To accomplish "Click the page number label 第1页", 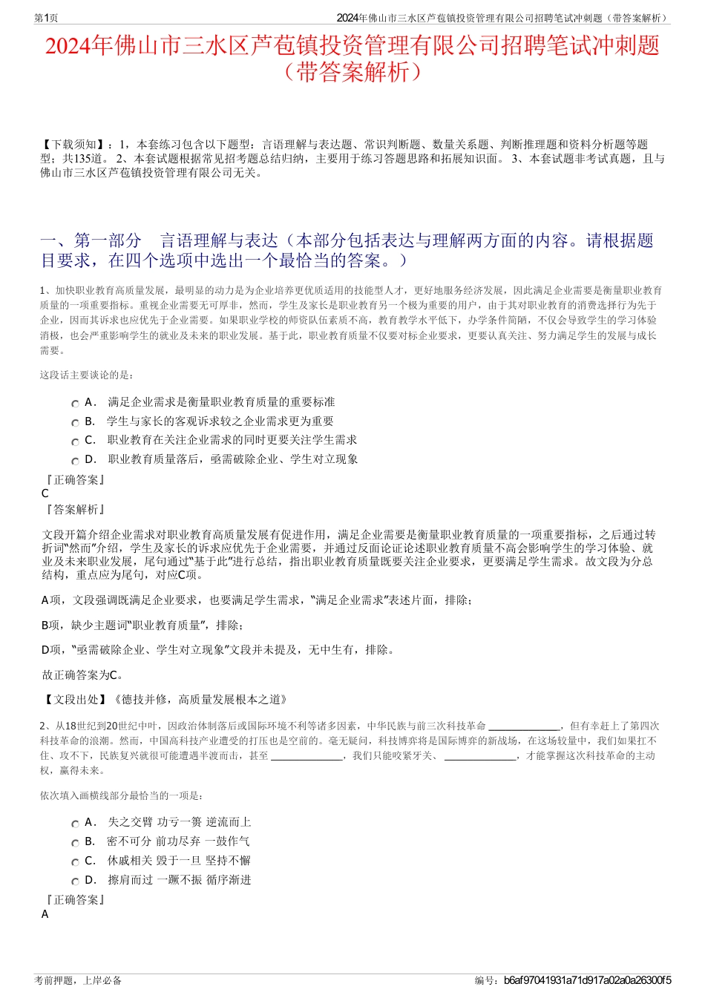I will tap(47, 18).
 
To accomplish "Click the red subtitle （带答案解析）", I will tap(352, 72).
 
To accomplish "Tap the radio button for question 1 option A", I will tap(75, 404).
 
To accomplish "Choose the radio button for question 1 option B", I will tap(75, 423).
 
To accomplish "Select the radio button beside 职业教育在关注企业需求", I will tap(75, 441).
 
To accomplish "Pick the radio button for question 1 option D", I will tap(75, 461).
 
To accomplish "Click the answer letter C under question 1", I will tap(45, 493).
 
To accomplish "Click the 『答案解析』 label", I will tap(75, 510).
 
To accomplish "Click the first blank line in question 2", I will tap(524, 726).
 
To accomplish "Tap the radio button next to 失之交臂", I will tap(75, 824).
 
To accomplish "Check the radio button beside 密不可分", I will tap(75, 843).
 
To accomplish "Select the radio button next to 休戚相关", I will tap(75, 862).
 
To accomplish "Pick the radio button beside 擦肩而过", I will tap(75, 882).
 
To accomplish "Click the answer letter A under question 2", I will tap(45, 914).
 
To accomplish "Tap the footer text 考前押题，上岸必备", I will tap(78, 980).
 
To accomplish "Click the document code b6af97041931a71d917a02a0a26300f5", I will tap(587, 980).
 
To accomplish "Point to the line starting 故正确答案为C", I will tap(83, 675).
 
